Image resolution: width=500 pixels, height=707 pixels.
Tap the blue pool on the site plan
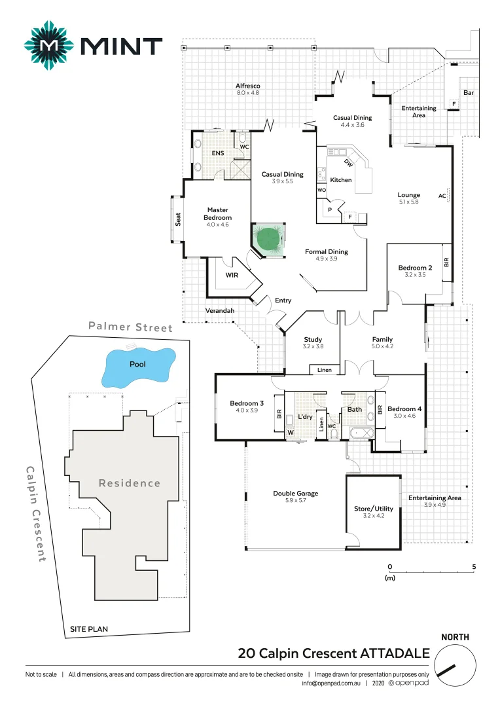pyautogui.click(x=138, y=367)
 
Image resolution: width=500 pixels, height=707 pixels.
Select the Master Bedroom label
pyautogui.click(x=218, y=214)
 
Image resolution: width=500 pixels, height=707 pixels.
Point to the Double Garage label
pyautogui.click(x=296, y=494)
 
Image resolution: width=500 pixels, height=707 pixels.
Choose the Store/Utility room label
pyautogui.click(x=374, y=509)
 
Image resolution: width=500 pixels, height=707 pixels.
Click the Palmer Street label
pyautogui.click(x=131, y=327)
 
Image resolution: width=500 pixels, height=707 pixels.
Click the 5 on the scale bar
pyautogui.click(x=474, y=567)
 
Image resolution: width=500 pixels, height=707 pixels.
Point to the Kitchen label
pyautogui.click(x=340, y=179)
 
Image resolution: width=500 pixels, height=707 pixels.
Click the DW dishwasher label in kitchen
pyautogui.click(x=349, y=163)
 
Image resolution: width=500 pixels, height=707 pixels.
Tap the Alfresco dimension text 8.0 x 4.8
pyautogui.click(x=248, y=93)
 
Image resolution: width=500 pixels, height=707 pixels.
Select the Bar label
pyautogui.click(x=469, y=93)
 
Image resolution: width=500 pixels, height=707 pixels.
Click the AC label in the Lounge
pyautogui.click(x=442, y=195)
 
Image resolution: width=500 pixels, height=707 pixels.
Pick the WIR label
pyautogui.click(x=232, y=276)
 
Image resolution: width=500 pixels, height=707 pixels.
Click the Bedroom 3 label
pyautogui.click(x=247, y=403)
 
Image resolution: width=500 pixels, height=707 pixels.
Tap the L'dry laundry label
pyautogui.click(x=305, y=416)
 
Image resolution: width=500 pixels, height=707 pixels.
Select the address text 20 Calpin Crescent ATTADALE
pyautogui.click(x=334, y=653)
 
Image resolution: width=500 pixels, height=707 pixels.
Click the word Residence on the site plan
pyautogui.click(x=130, y=483)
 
